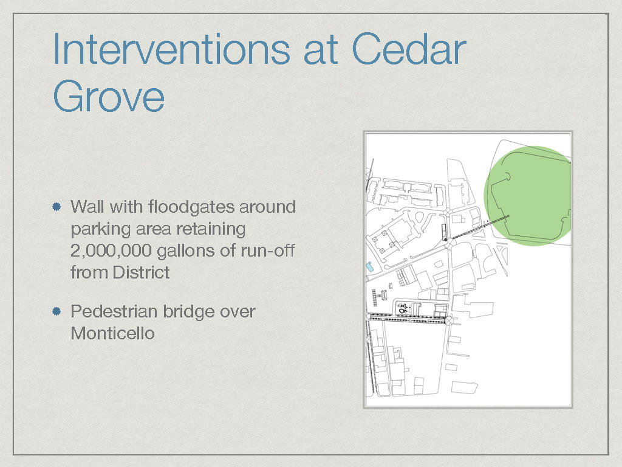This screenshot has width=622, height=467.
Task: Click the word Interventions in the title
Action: (x=171, y=49)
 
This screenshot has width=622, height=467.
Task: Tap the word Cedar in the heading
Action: (x=409, y=49)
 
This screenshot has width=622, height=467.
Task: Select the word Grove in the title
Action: (x=109, y=96)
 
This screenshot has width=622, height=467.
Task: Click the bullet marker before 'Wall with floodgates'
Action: (x=56, y=207)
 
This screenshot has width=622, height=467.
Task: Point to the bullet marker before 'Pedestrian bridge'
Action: (x=56, y=311)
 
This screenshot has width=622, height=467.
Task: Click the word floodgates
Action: (x=193, y=207)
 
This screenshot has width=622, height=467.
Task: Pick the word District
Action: (x=141, y=272)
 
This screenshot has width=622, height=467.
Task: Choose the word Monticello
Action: (x=112, y=333)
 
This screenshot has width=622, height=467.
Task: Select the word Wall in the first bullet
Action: (x=87, y=207)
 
